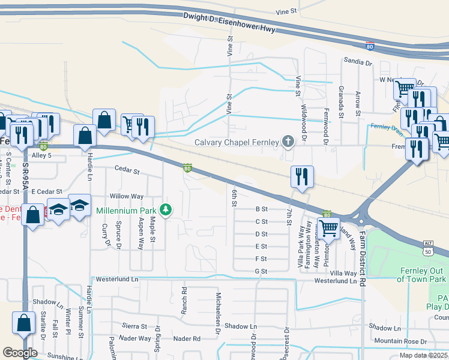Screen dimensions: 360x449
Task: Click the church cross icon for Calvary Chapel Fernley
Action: (x=288, y=142)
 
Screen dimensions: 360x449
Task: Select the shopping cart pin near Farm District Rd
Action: (x=328, y=229)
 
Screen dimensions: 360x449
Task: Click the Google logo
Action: (x=20, y=353)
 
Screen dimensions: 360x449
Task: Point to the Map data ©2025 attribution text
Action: (x=424, y=355)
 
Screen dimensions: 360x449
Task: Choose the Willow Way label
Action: (x=127, y=196)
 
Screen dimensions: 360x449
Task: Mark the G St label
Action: (x=261, y=271)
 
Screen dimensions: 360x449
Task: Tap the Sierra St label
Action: (x=134, y=326)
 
